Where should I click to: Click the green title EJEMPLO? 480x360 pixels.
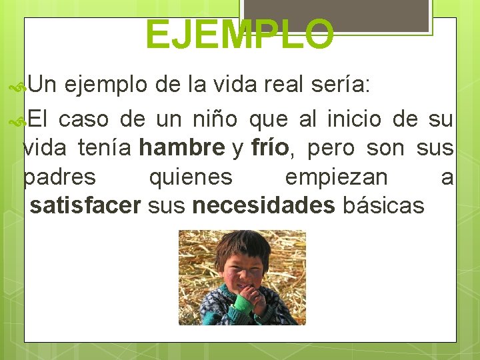pyautogui.click(x=239, y=35)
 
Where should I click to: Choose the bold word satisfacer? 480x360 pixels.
pyautogui.click(x=85, y=205)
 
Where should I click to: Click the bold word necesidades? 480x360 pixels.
pyautogui.click(x=263, y=205)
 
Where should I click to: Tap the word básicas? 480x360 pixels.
pyautogui.click(x=383, y=205)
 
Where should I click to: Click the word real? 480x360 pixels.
pyautogui.click(x=287, y=85)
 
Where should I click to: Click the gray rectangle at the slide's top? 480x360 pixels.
pyautogui.click(x=335, y=13)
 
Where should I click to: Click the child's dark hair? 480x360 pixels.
pyautogui.click(x=240, y=243)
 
